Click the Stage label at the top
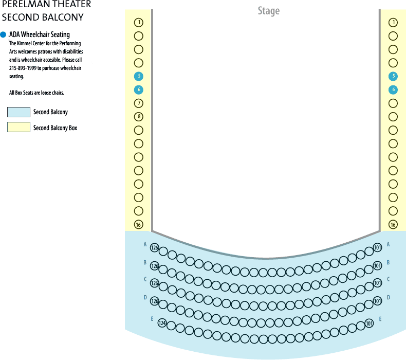[x=268, y=11]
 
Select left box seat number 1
[x=139, y=23]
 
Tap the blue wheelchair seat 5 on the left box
[x=139, y=76]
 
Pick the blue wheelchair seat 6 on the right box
[x=393, y=89]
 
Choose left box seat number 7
[x=139, y=103]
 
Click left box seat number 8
[x=139, y=117]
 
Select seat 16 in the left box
[x=139, y=224]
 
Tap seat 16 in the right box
[x=393, y=224]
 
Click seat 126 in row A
[x=155, y=248]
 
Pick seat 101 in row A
[x=378, y=247]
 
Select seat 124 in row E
[x=162, y=323]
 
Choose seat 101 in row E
[x=369, y=323]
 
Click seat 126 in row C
[x=155, y=283]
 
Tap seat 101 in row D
[x=378, y=301]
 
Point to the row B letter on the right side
[x=388, y=263]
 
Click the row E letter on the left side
[x=152, y=319]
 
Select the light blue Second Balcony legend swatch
[x=19, y=112]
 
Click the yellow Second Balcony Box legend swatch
[x=19, y=127]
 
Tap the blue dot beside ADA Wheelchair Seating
[x=3, y=34]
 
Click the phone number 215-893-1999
[x=23, y=68]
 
